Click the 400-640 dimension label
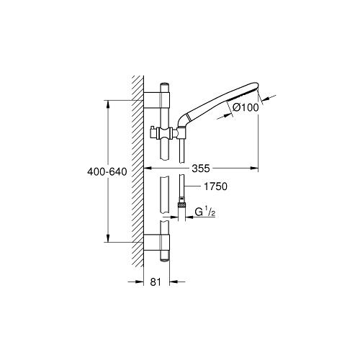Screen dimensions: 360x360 (x=107, y=172)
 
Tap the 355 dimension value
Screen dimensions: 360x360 (x=201, y=168)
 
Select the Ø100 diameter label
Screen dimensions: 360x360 (x=246, y=107)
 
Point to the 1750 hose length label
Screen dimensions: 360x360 (x=215, y=186)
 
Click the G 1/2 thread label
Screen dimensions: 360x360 (x=204, y=212)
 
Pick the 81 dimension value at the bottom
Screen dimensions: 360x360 (x=156, y=282)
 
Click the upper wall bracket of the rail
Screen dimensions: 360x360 (x=157, y=100)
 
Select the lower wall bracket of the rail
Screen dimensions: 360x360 (x=157, y=243)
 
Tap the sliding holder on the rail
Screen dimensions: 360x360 (x=164, y=132)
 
